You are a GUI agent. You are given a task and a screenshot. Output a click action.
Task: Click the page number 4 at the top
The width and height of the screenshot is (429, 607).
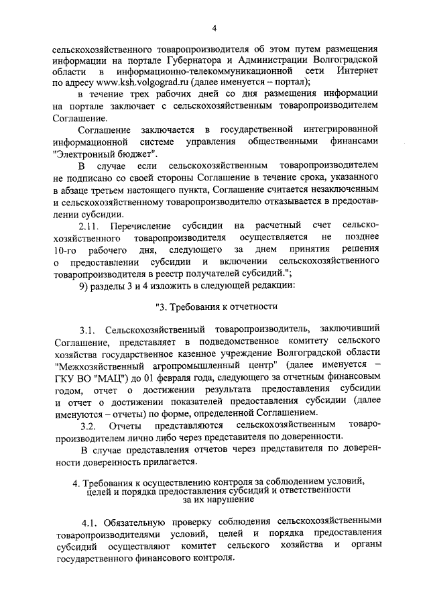tap(214, 27)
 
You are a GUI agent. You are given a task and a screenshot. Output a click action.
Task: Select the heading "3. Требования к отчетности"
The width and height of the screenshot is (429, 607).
tap(216, 307)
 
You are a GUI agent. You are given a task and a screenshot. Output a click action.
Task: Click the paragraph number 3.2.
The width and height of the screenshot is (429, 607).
tap(89, 425)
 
